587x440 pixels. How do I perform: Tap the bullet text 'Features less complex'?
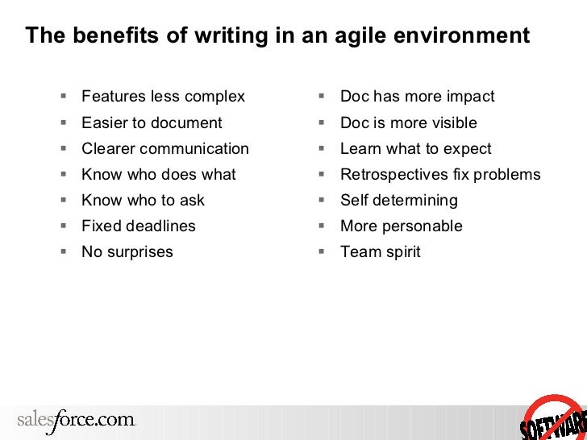click(x=163, y=97)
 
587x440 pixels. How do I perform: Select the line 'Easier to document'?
click(x=152, y=122)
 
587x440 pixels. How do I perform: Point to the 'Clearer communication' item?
click(x=165, y=148)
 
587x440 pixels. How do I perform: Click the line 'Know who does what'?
click(x=159, y=174)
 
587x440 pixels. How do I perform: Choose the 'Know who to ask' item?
click(x=143, y=200)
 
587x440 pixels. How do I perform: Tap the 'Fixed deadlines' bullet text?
click(x=139, y=226)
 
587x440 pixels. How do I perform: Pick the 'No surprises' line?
click(x=127, y=251)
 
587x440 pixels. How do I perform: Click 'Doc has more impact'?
click(x=417, y=97)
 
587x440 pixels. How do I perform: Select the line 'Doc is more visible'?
click(x=408, y=122)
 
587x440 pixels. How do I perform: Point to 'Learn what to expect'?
click(x=415, y=148)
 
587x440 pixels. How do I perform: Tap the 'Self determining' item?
click(x=398, y=200)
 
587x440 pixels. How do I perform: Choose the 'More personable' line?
click(x=401, y=226)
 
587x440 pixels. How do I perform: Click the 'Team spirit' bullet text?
click(x=380, y=251)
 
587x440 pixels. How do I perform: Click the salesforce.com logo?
click(x=77, y=420)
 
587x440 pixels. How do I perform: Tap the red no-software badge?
click(x=555, y=417)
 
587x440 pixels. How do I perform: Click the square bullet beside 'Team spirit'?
click(x=321, y=251)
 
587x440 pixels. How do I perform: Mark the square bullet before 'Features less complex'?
click(x=63, y=96)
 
